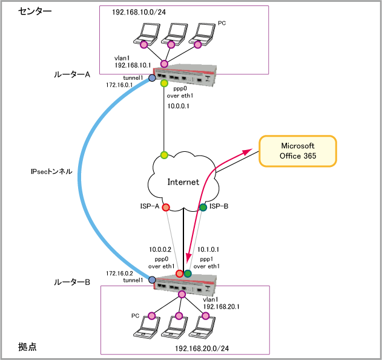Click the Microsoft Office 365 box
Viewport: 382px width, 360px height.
coord(298,151)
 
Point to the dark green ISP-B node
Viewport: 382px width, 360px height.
coord(203,208)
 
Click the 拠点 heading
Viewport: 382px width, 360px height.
coord(27,347)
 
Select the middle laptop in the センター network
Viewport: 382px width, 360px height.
coord(172,35)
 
